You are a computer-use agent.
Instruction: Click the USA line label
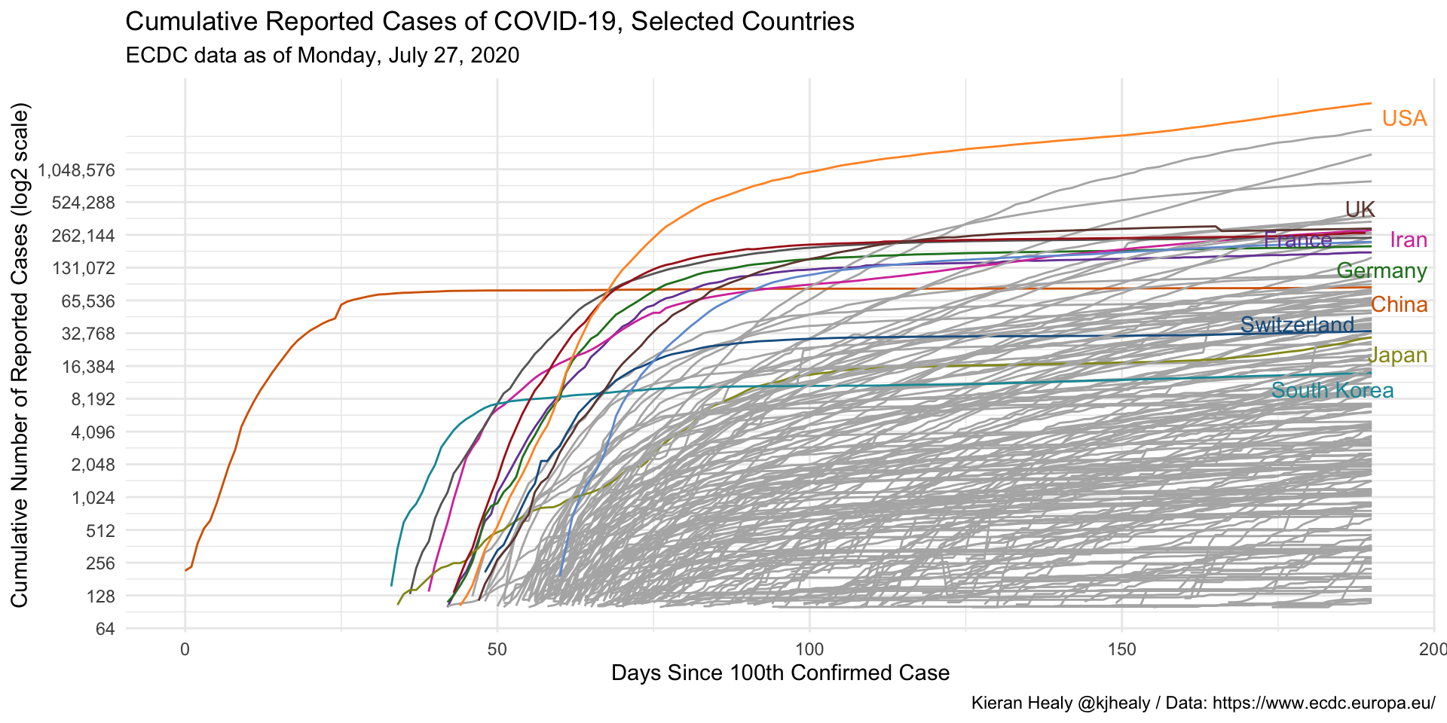pos(1404,119)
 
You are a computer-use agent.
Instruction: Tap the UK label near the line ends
pos(1360,209)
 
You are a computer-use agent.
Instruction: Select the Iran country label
pos(1408,240)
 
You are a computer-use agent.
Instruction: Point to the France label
pos(1298,240)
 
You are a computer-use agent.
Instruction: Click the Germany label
pos(1381,271)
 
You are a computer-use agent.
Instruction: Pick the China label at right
pos(1399,305)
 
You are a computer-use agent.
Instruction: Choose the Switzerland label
pos(1297,325)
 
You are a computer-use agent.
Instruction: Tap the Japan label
pos(1397,355)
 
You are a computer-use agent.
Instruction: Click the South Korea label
pos(1332,390)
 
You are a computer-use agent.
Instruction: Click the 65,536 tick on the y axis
pos(89,301)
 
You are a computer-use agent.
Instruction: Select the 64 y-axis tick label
pos(106,628)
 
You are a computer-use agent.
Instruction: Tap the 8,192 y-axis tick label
pos(93,399)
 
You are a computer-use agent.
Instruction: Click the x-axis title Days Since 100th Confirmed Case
pos(780,673)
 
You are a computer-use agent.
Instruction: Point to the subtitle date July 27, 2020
pos(453,56)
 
